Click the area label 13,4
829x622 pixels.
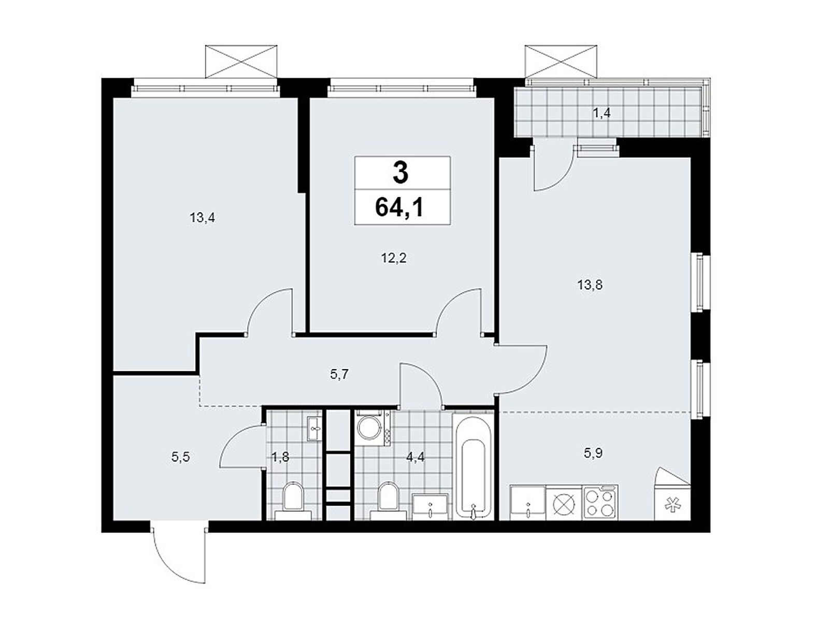[202, 218]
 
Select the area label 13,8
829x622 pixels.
[590, 285]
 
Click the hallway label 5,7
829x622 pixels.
[339, 374]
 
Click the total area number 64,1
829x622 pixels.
[402, 208]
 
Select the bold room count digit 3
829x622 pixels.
[401, 174]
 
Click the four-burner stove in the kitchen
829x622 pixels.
[599, 502]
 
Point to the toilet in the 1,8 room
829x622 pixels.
[293, 500]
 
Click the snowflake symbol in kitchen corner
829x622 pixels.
[673, 503]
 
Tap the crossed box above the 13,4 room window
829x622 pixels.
[241, 61]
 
